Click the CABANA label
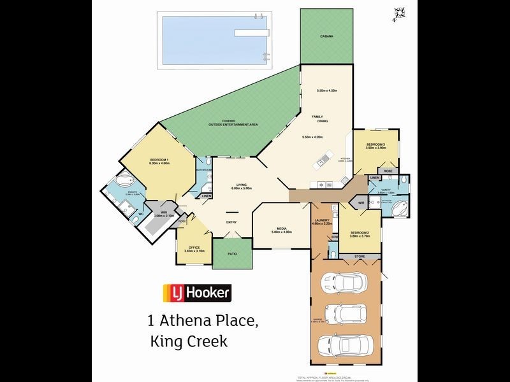(x=326, y=37)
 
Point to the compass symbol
(x=400, y=13)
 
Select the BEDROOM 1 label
(x=159, y=159)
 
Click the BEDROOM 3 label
(x=376, y=145)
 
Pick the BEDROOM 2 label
(x=360, y=232)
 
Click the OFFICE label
(x=193, y=248)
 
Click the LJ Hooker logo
(x=198, y=292)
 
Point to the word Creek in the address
(x=205, y=342)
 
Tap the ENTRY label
(x=231, y=222)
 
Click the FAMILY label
(x=317, y=117)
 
